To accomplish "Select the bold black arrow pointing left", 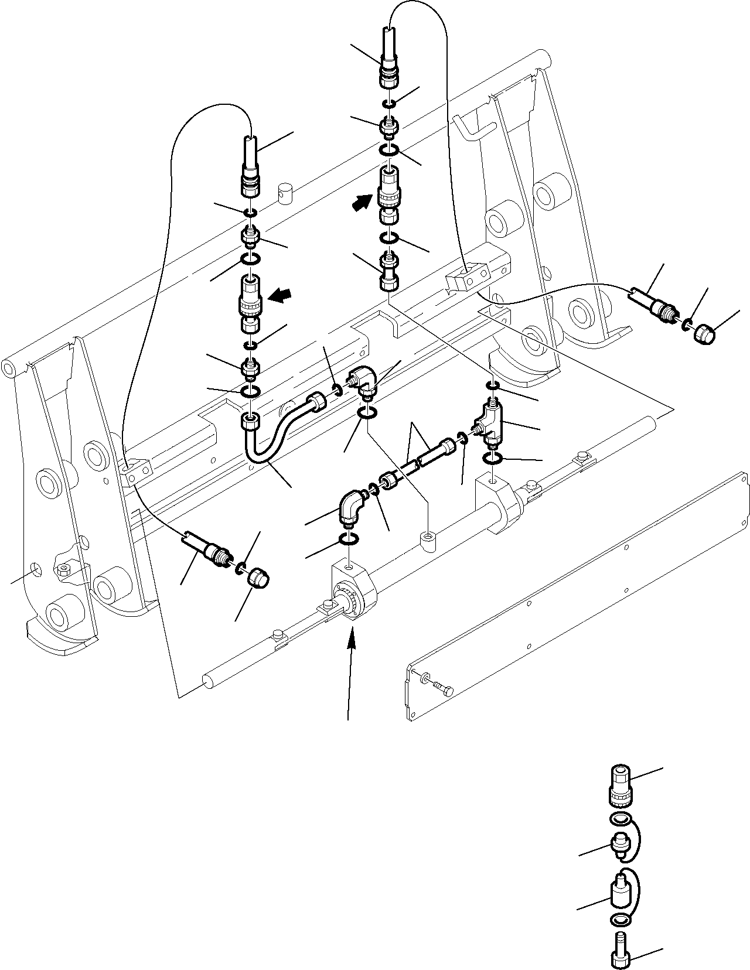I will click(279, 297).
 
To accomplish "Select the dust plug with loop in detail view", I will click(619, 844).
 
